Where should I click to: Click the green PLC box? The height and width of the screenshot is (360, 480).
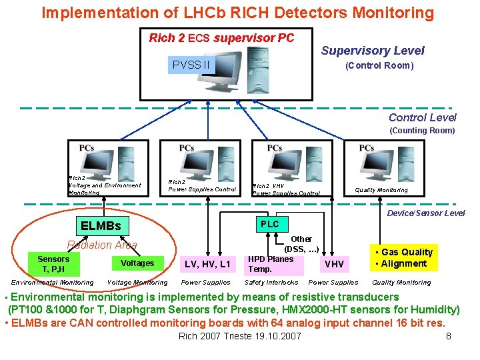pos(270,224)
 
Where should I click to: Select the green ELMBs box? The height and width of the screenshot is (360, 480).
pos(101,226)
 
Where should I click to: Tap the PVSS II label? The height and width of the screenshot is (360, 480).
pos(191,65)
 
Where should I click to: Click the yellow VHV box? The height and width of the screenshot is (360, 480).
pos(334,264)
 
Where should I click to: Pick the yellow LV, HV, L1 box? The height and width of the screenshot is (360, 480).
pos(207,265)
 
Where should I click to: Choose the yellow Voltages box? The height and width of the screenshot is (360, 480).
pos(137,263)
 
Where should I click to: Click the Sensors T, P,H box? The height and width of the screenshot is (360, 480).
pos(53,264)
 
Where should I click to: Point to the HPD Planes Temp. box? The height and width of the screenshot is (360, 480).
pos(271,264)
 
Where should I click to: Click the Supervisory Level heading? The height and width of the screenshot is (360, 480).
pos(373,51)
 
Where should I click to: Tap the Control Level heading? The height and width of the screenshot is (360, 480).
pos(422,118)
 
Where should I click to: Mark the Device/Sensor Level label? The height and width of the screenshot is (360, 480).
pos(426,213)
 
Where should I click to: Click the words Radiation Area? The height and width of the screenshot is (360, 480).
pos(102,245)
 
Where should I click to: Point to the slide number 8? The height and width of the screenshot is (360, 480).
pos(449,336)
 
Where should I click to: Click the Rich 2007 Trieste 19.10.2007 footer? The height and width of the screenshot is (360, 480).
pos(240,336)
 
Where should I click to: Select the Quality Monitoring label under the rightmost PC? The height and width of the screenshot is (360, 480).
pos(381,190)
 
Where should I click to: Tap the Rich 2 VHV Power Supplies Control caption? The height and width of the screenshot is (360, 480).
pos(286,189)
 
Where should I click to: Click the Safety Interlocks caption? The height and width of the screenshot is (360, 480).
pos(271,283)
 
